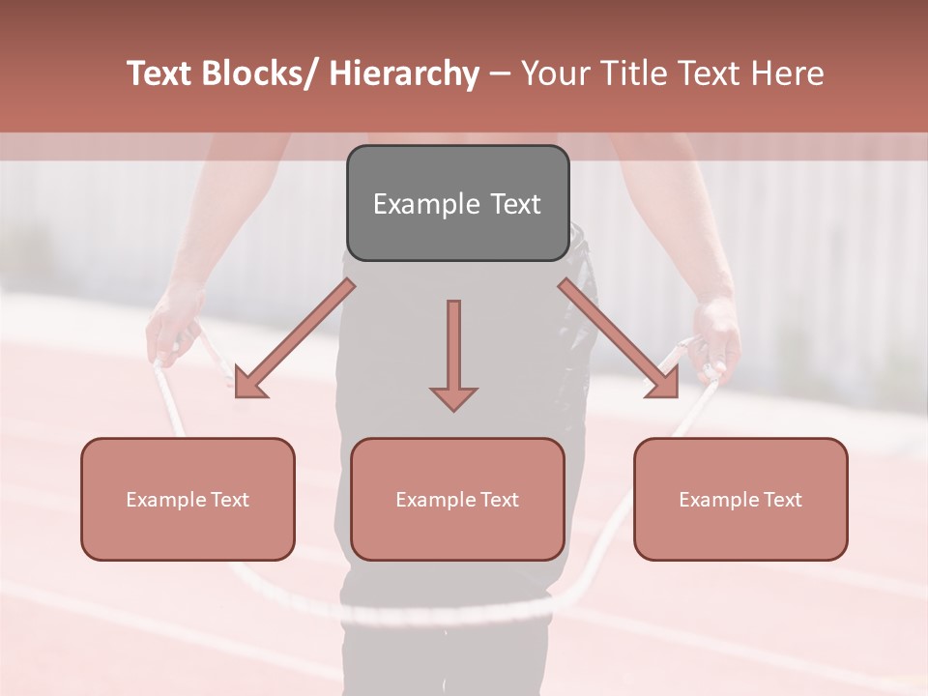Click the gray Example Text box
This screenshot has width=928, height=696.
457,203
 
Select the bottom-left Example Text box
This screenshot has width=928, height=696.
188,499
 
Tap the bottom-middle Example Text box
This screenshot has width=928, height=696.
457,499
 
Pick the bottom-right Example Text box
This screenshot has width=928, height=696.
740,499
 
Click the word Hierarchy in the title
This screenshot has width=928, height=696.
404,73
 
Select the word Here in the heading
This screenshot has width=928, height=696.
788,73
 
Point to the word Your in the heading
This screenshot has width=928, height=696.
554,73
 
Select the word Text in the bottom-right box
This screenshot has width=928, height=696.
781,499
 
